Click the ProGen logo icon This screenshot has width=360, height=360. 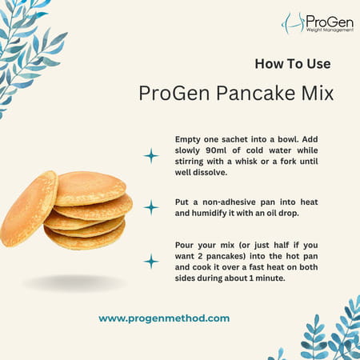coord(292,22)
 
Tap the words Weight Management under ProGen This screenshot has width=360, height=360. coord(329,30)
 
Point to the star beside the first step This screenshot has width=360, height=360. coord(150,155)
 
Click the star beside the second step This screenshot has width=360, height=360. coord(150,207)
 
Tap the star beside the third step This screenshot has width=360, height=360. coord(150,261)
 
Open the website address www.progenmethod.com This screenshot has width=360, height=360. coord(164,318)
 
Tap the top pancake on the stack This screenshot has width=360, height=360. coord(90,188)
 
